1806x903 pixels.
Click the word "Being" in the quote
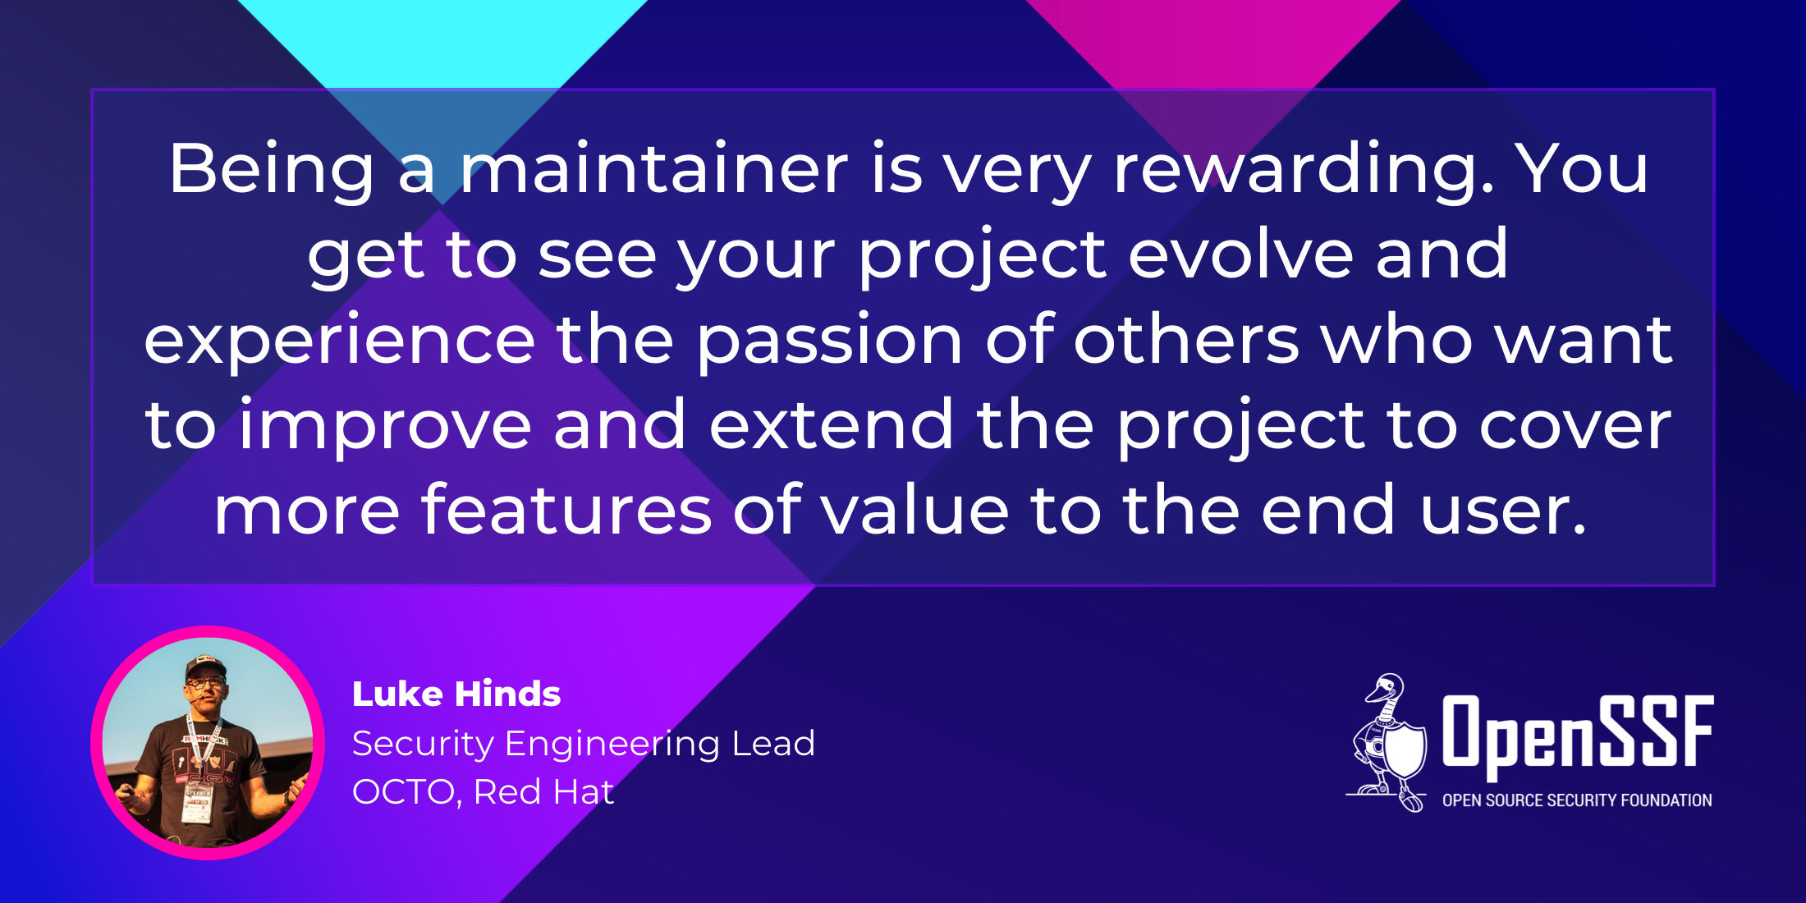[272, 171]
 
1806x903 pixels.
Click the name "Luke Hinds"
[456, 694]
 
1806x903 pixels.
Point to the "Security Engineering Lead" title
[584, 745]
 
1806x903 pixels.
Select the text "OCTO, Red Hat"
[483, 792]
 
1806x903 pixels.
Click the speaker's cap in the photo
[204, 665]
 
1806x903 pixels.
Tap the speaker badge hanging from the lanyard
[198, 801]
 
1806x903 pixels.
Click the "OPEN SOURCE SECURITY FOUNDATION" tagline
[1577, 800]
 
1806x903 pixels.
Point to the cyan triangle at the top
[442, 41]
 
